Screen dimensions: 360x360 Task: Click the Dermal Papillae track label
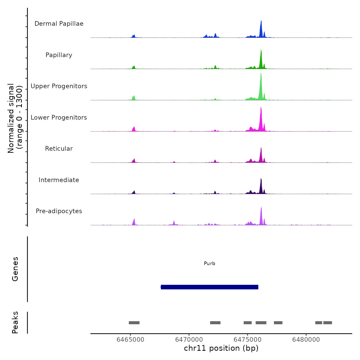[59, 24]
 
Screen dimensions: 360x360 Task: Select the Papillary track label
[59, 55]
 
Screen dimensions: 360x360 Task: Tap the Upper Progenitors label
[59, 86]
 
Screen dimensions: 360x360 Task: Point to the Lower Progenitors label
[59, 118]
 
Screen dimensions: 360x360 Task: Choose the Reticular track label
[59, 149]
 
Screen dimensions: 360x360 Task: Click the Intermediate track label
[59, 180]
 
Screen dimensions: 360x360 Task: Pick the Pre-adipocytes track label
[59, 211]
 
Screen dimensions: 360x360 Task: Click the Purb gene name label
[210, 264]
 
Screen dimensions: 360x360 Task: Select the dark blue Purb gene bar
[210, 287]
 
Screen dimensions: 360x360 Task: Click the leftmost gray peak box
[134, 323]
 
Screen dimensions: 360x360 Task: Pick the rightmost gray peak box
[328, 323]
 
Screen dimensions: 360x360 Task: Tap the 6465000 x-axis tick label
[130, 340]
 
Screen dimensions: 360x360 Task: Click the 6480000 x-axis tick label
[306, 340]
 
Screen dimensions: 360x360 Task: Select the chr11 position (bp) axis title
[221, 348]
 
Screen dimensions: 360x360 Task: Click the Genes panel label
[15, 269]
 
